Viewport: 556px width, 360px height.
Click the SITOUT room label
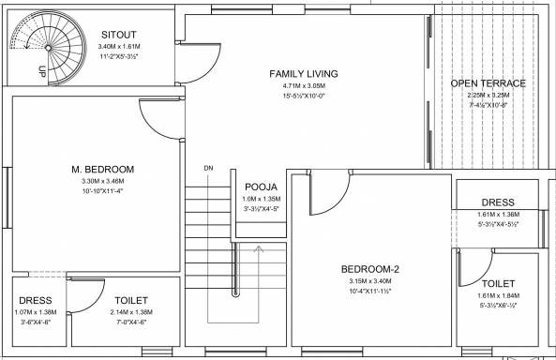119,35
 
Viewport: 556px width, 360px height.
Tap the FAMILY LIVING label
304,74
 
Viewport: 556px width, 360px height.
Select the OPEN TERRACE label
488,83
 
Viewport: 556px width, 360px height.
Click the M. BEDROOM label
103,169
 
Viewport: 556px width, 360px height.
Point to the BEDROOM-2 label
369,269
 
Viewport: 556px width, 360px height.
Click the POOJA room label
261,187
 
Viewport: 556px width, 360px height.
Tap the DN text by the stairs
208,168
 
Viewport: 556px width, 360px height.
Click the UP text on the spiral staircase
42,72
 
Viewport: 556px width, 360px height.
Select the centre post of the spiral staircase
49,48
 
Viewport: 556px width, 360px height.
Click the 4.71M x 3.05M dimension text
304,86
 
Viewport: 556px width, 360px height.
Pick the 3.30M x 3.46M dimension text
103,181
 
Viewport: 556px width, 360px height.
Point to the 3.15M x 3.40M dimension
370,281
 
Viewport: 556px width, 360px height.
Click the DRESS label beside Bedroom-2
498,202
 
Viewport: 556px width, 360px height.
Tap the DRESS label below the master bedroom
36,300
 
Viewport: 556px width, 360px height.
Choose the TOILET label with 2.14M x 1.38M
131,300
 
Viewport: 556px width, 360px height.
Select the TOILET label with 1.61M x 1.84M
498,284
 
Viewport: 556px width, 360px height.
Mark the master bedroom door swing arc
151,127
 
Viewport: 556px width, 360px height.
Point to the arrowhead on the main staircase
259,248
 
